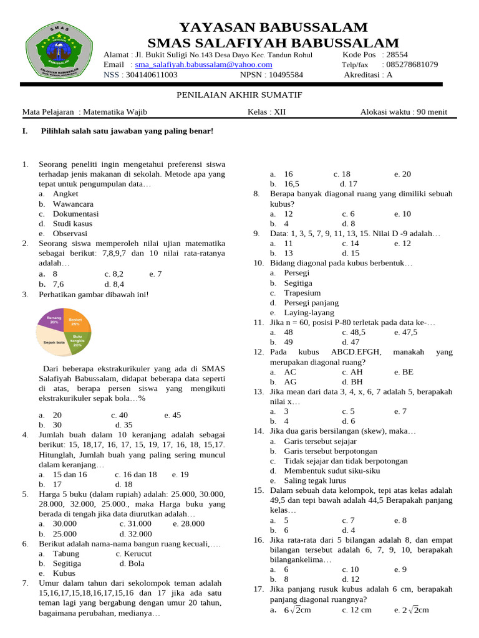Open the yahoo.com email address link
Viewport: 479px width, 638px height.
[x=203, y=65]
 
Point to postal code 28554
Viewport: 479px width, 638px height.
[x=395, y=55]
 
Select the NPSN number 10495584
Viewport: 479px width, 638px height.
[x=277, y=75]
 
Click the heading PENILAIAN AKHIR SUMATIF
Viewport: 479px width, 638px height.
[x=239, y=95]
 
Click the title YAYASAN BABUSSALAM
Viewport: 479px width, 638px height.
[x=273, y=27]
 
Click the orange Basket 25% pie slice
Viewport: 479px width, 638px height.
[x=76, y=321]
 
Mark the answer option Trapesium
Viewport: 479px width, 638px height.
[x=302, y=293]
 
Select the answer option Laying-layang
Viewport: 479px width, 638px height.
[x=309, y=313]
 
